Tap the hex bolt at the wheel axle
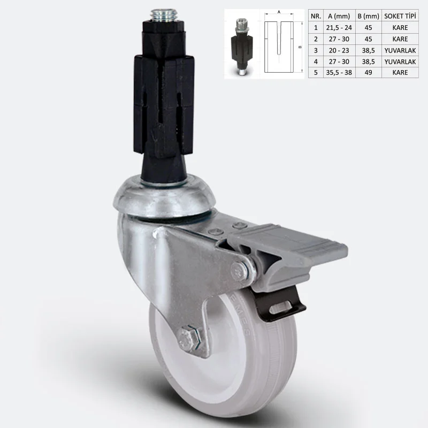coord(189,339)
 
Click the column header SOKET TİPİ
coord(400,16)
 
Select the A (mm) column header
coord(339,17)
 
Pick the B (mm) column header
coord(368,17)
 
